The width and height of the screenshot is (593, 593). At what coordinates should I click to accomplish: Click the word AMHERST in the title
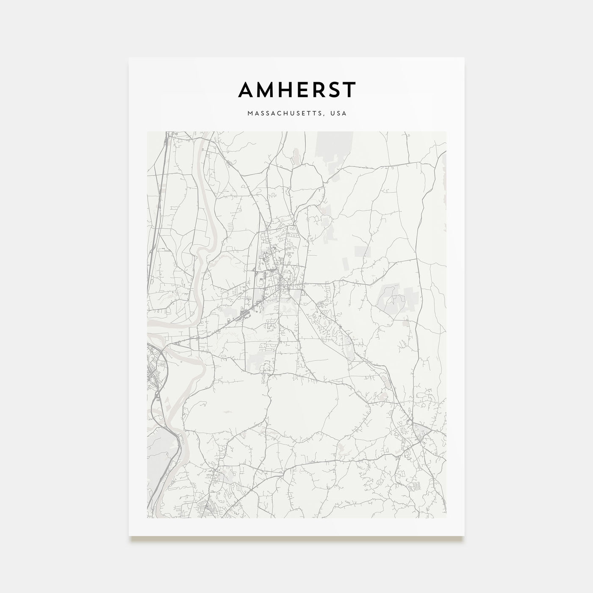[297, 89]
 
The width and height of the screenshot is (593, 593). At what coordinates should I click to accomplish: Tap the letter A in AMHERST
[247, 89]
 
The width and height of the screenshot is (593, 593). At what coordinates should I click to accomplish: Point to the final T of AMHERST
[349, 89]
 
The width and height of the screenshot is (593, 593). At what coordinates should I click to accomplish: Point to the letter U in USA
[334, 114]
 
